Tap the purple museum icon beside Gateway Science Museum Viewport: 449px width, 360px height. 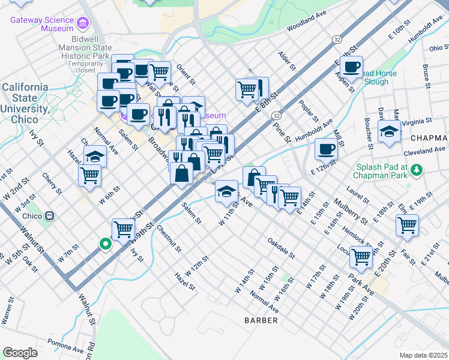pos(83,25)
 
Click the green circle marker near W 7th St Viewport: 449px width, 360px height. pos(105,244)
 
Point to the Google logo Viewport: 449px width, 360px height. pos(20,353)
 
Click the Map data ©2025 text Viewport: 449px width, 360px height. pos(423,355)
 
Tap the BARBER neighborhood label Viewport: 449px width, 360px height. pos(261,320)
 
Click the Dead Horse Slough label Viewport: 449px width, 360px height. pos(376,77)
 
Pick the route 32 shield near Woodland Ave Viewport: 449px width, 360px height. pos(337,38)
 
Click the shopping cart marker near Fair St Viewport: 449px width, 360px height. pos(407,225)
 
